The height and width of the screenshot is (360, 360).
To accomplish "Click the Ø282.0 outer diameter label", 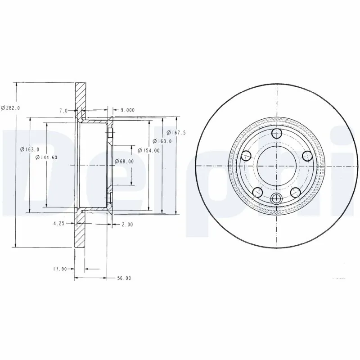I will point(10,108).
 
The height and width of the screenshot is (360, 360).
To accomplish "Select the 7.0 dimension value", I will point(63,110).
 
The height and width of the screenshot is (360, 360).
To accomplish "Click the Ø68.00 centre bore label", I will point(124,161).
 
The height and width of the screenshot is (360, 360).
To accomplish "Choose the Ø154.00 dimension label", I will point(148,150).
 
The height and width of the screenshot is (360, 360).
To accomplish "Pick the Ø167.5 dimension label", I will point(176,132).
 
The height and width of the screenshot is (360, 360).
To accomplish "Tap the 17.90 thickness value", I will point(60,269).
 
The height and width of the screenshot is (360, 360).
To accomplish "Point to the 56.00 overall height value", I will point(124,278).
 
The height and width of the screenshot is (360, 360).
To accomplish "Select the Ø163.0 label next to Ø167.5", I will point(162,141).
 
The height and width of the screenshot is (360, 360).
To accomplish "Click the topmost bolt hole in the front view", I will point(276,133).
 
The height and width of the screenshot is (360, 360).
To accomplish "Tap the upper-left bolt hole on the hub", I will point(246,156).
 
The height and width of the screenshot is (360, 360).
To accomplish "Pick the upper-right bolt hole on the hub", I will point(307,156).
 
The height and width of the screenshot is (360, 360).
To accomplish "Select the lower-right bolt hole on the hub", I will point(295,192).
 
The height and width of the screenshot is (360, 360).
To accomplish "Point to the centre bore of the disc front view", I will point(276,166).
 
